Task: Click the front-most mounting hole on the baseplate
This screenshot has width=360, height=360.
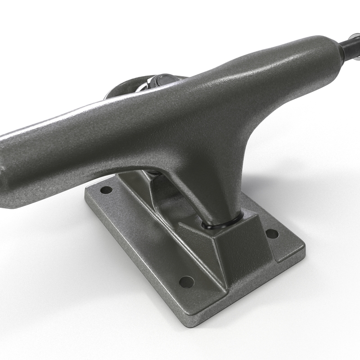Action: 186,282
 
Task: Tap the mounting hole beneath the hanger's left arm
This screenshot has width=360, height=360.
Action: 106,190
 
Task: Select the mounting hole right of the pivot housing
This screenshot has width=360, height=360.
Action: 272,234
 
